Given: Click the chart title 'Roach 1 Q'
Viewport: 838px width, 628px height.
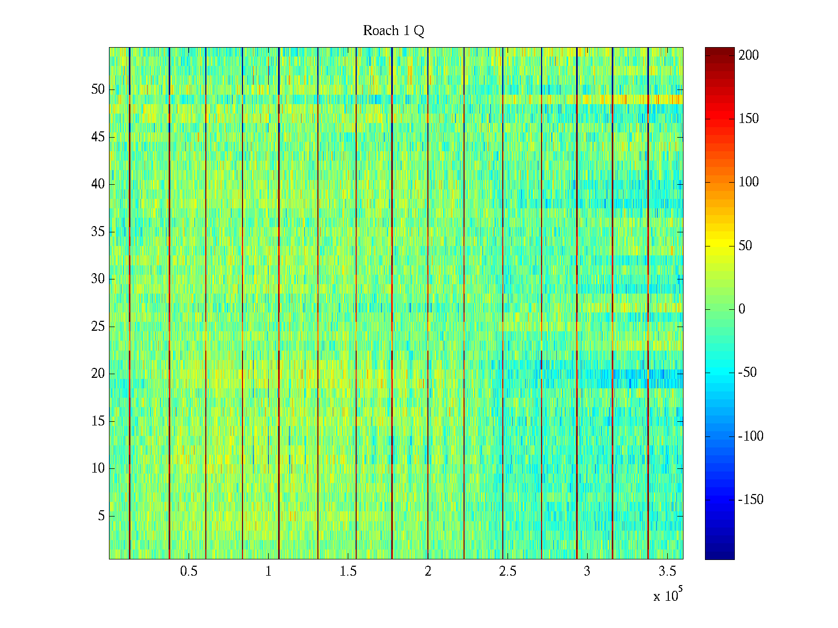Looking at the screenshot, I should [393, 31].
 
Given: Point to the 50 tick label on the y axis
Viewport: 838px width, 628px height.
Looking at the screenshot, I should [98, 89].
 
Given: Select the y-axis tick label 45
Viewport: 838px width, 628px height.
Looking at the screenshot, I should [98, 137].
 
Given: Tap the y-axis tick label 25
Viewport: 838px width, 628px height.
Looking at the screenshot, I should [98, 327].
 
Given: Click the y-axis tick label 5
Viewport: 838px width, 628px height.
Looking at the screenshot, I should [101, 516].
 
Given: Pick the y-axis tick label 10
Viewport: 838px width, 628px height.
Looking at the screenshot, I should [98, 468].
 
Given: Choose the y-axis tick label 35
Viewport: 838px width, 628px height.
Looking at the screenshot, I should [98, 232].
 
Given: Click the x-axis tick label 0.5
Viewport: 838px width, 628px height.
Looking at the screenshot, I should [189, 571].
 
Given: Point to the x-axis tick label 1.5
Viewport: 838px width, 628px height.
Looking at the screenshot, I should [348, 571].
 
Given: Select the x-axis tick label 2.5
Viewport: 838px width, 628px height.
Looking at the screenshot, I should [508, 571].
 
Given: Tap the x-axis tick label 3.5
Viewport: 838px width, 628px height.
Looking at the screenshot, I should [667, 571].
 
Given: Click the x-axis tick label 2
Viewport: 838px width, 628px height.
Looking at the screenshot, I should [428, 571].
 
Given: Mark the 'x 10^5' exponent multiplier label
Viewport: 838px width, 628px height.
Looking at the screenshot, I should [668, 595].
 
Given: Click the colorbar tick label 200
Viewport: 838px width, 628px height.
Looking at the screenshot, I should [748, 55].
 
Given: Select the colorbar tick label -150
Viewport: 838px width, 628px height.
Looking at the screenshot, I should [751, 500].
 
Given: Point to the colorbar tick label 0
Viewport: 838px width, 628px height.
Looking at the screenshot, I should [742, 309].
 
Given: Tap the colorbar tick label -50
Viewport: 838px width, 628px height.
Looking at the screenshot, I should [747, 373].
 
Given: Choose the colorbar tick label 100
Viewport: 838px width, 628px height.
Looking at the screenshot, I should [748, 182].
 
